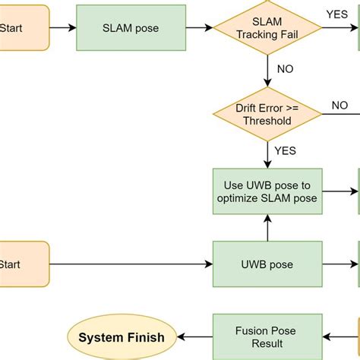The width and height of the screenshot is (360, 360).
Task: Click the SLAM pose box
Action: pyautogui.click(x=131, y=28)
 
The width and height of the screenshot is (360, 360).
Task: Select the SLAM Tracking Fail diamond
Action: pyautogui.click(x=267, y=28)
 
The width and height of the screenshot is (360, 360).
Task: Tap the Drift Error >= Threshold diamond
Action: pyautogui.click(x=267, y=114)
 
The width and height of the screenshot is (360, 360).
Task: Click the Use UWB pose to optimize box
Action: pyautogui.click(x=267, y=191)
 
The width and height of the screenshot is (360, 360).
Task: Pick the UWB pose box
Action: pyautogui.click(x=267, y=265)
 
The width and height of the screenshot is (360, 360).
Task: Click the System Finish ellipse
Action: pyautogui.click(x=122, y=337)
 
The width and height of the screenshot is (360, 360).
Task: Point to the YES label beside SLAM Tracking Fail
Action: pyautogui.click(x=337, y=14)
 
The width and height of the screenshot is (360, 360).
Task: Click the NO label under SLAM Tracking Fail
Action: pyautogui.click(x=286, y=69)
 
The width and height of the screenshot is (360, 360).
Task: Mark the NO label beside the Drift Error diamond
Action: pyautogui.click(x=339, y=106)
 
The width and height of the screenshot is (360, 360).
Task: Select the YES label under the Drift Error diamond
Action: pyautogui.click(x=286, y=151)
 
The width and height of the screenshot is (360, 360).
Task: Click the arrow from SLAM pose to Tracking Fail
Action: pyautogui.click(x=199, y=28)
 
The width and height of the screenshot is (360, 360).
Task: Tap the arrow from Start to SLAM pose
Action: pyautogui.click(x=62, y=28)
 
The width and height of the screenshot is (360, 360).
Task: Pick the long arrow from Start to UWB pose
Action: pyautogui.click(x=129, y=265)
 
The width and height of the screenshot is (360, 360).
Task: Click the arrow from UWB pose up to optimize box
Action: pyautogui.click(x=267, y=228)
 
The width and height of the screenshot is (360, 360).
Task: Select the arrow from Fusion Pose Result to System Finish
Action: pyautogui.click(x=194, y=337)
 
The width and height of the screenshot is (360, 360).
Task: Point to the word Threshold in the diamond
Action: pyautogui.click(x=267, y=121)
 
